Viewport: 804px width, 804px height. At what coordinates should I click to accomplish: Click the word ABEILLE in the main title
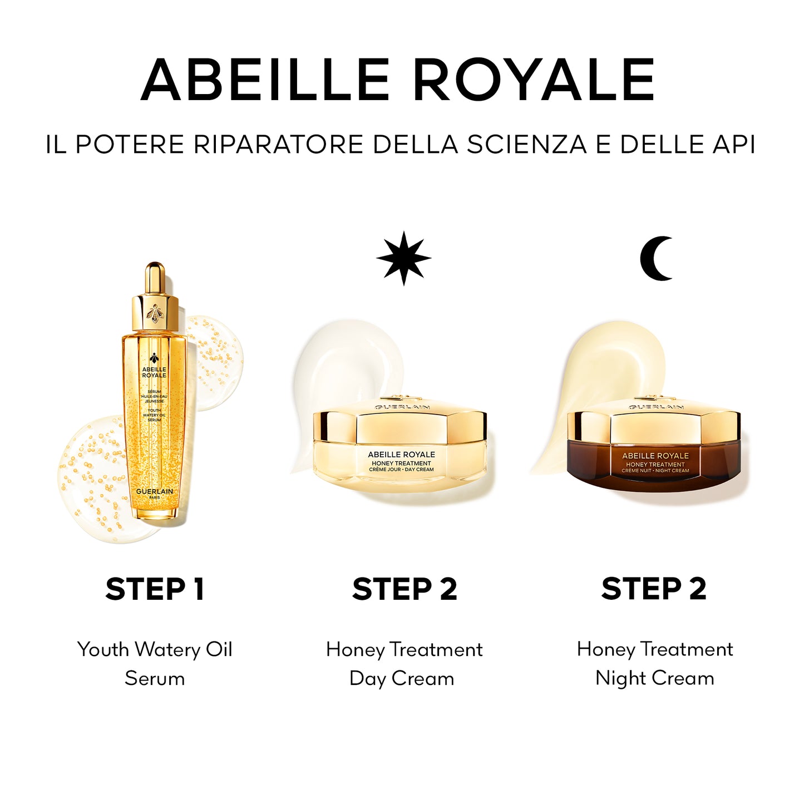pos(265,80)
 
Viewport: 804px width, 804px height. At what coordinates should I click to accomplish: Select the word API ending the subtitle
pos(734,145)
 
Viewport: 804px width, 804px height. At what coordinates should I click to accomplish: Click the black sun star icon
pos(404,259)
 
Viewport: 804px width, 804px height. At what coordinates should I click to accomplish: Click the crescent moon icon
pos(655,259)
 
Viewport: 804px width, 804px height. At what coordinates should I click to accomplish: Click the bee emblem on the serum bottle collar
pos(155,313)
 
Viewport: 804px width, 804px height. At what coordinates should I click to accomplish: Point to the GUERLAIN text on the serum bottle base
pos(155,491)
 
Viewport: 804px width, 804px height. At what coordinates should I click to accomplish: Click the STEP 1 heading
pos(155,589)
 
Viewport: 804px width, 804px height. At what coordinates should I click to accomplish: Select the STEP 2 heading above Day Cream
pos(405,589)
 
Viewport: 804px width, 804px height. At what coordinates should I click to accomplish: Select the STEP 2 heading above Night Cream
pos(654,589)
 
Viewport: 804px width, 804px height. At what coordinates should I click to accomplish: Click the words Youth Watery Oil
pos(155,649)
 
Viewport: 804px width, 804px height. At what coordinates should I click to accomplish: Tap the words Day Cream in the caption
pos(402,678)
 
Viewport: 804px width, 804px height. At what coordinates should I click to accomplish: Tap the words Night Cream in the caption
pos(654,678)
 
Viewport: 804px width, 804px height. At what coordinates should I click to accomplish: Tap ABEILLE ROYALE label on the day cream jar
pos(401,455)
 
